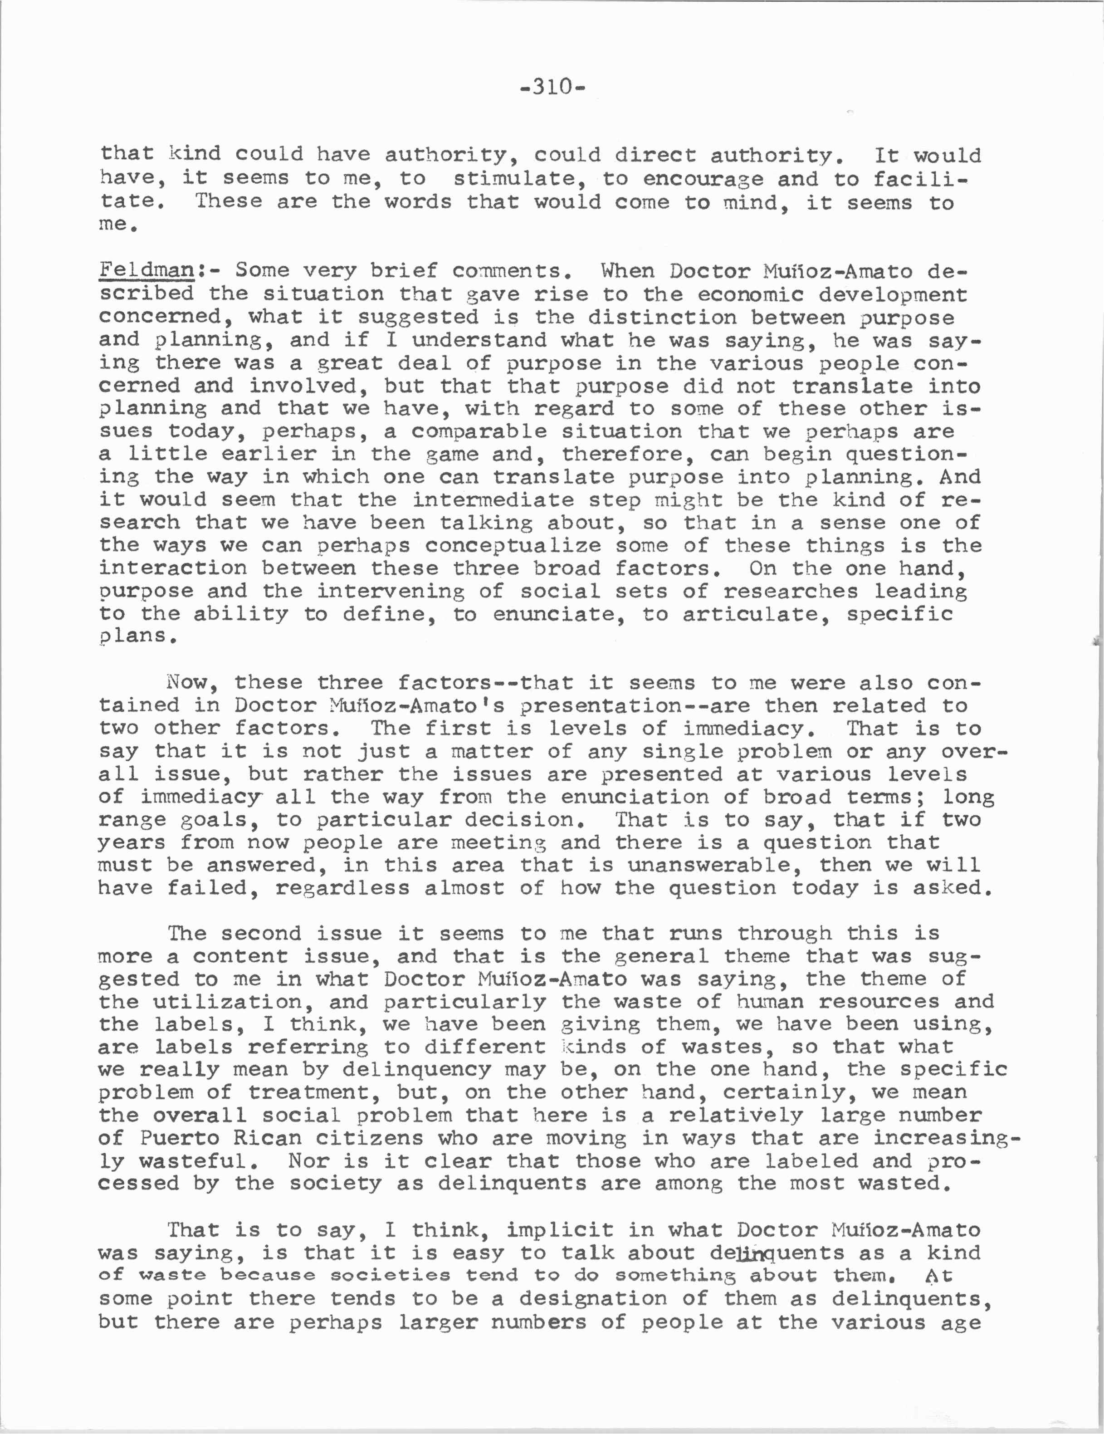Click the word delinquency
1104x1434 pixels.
416,1070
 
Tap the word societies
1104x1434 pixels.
390,1275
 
